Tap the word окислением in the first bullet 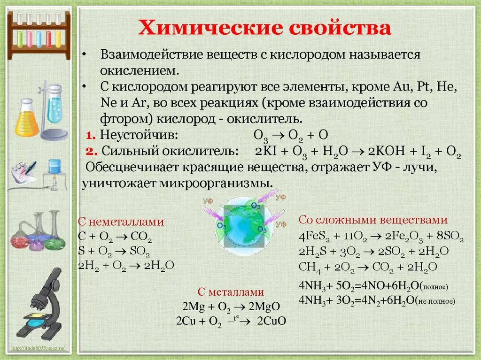(x=139, y=70)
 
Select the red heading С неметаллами (x=121, y=222)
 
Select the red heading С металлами (x=231, y=291)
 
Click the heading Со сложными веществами (x=373, y=220)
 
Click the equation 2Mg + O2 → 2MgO (x=231, y=306)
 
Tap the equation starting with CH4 (x=368, y=267)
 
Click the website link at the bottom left (x=39, y=348)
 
